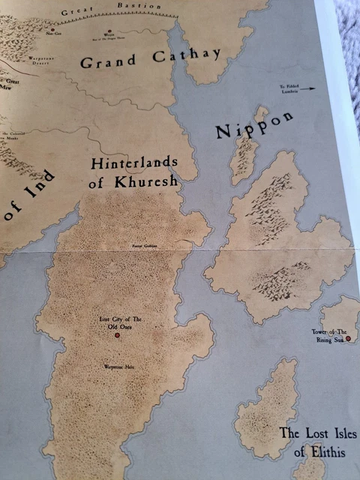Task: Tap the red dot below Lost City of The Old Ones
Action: click(117, 336)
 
